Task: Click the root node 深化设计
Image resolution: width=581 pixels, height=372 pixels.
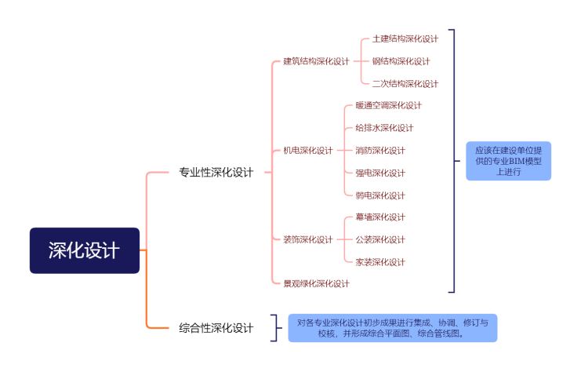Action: [85, 250]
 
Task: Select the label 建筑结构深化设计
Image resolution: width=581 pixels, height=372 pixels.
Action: [316, 61]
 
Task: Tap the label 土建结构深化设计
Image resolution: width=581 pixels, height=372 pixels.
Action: [405, 38]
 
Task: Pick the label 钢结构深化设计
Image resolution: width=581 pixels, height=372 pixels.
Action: [401, 61]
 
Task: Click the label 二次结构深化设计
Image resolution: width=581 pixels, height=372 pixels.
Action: [405, 84]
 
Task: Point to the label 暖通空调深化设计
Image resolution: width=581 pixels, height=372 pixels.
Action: [388, 105]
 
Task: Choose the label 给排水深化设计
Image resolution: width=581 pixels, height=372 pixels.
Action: [384, 128]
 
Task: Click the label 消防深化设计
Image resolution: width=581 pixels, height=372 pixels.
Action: [380, 151]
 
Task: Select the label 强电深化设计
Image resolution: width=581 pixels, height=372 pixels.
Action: [380, 173]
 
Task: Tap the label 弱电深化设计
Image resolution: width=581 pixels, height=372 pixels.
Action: [380, 195]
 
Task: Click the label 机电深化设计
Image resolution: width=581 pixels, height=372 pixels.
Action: [307, 151]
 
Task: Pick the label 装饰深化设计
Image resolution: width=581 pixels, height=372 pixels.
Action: [307, 239]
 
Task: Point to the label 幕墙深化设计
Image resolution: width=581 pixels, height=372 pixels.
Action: [380, 217]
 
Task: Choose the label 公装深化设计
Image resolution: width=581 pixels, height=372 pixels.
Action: [380, 239]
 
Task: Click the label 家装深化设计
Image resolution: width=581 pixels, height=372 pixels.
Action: [380, 262]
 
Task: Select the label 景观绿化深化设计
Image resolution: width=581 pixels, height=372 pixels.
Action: [316, 283]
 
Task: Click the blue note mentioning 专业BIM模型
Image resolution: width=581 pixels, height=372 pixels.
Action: [508, 162]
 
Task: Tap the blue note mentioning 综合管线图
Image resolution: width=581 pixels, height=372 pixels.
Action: [392, 328]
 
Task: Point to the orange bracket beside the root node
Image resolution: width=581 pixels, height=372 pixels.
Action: [147, 250]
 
